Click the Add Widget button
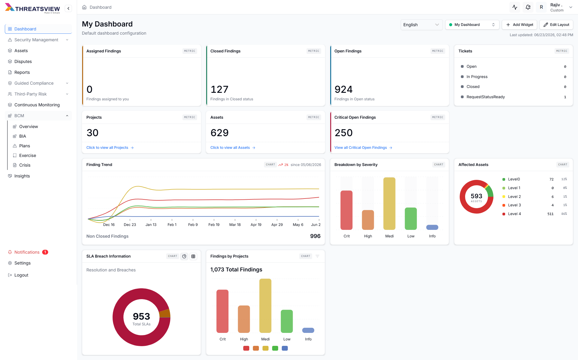(519, 25)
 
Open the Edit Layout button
(556, 25)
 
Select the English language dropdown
(421, 25)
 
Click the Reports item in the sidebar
(22, 72)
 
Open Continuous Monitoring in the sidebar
(37, 105)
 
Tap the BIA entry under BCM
(23, 136)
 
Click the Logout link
(21, 275)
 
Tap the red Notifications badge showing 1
(45, 252)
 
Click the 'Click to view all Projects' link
(110, 148)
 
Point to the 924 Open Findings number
(343, 89)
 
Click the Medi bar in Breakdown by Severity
(389, 204)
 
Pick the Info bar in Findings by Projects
(308, 330)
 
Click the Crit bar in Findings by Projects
(222, 311)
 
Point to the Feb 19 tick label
(214, 225)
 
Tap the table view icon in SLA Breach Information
(193, 256)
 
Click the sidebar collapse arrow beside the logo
(68, 8)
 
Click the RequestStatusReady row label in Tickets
(486, 97)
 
